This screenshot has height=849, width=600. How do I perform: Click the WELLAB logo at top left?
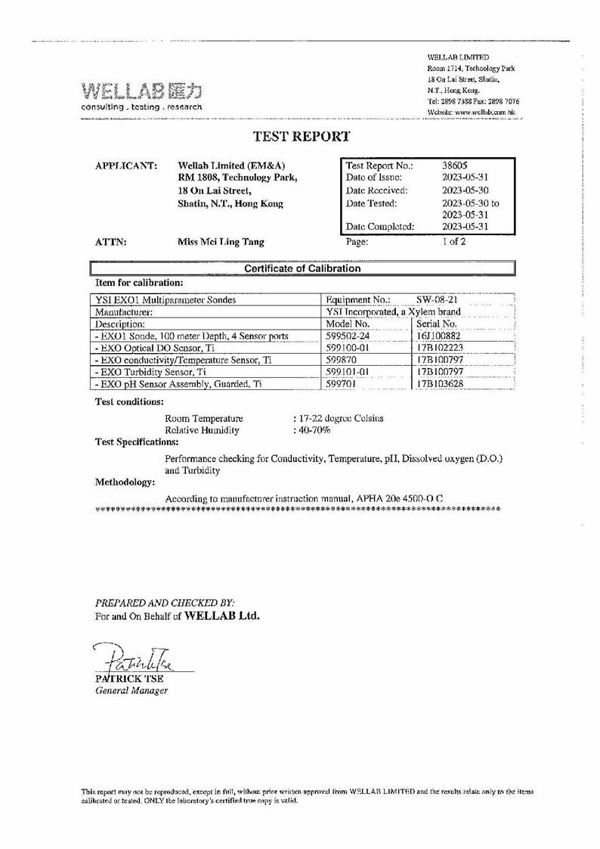[x=141, y=97]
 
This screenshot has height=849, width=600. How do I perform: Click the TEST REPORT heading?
[x=301, y=137]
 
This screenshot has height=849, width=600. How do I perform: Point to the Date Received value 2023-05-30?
[x=464, y=190]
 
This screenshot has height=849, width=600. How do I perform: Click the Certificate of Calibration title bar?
[x=302, y=268]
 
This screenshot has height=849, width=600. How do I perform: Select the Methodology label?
[x=125, y=482]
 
